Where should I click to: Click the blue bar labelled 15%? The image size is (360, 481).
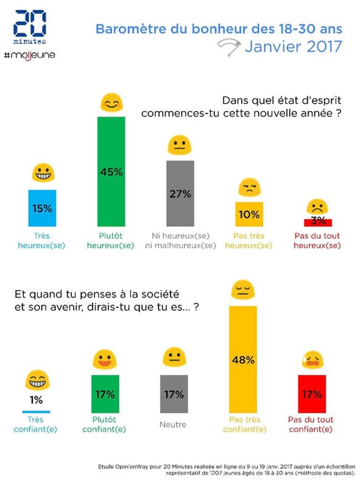pyautogui.click(x=42, y=208)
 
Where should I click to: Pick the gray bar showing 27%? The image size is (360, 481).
pyautogui.click(x=180, y=193)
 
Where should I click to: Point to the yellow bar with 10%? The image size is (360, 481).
pyautogui.click(x=249, y=214)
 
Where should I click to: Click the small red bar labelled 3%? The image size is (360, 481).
pyautogui.click(x=316, y=221)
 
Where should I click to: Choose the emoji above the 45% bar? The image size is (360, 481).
pyautogui.click(x=110, y=104)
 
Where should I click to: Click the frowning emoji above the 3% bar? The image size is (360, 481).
pyautogui.click(x=316, y=205)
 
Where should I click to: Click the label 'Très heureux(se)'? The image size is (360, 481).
pyautogui.click(x=42, y=240)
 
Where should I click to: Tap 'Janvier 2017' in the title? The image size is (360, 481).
pyautogui.click(x=295, y=46)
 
